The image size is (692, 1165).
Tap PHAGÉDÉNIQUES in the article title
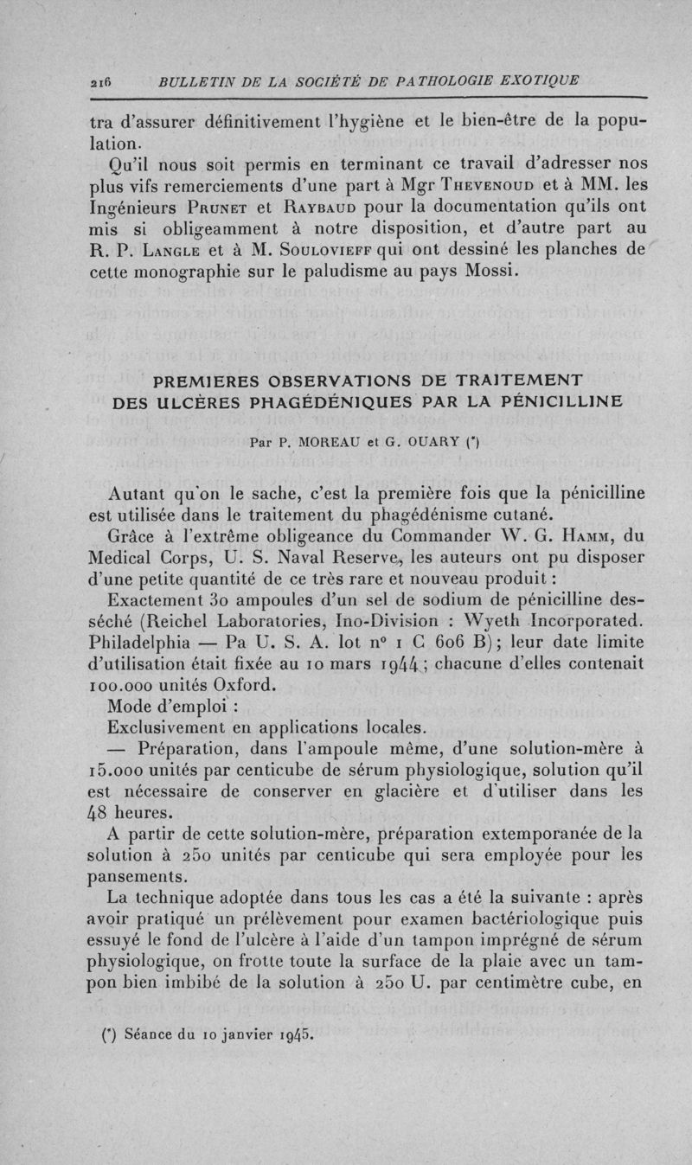334,402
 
